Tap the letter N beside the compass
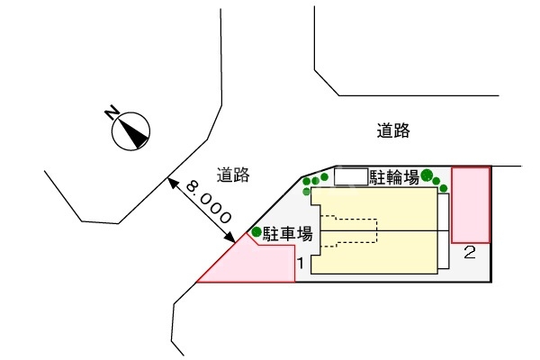click(x=112, y=112)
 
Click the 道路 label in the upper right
click(x=393, y=131)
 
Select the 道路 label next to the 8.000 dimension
click(x=233, y=175)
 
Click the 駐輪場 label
click(x=393, y=178)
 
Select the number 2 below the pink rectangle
click(x=469, y=253)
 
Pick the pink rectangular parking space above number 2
click(x=471, y=204)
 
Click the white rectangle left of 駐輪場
click(x=351, y=177)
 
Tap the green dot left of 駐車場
click(x=256, y=232)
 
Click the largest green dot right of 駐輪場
click(x=427, y=175)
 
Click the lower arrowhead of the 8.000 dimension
click(x=232, y=238)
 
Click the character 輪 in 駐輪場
click(x=393, y=178)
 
